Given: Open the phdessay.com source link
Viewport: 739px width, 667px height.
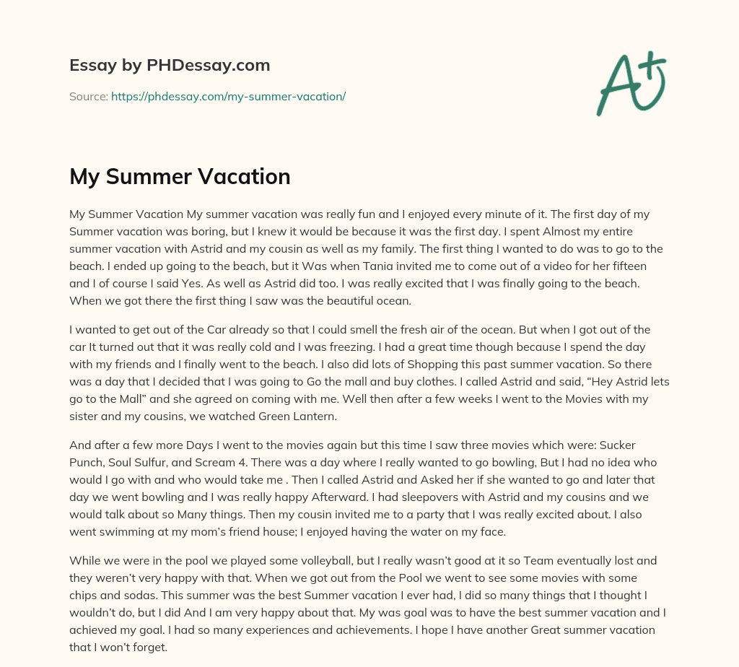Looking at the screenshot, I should [x=228, y=96].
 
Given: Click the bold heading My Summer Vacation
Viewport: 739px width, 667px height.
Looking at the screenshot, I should [x=180, y=176].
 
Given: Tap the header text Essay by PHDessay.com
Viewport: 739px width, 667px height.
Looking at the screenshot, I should [x=170, y=65].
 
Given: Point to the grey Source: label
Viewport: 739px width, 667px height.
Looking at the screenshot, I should [x=88, y=96].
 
